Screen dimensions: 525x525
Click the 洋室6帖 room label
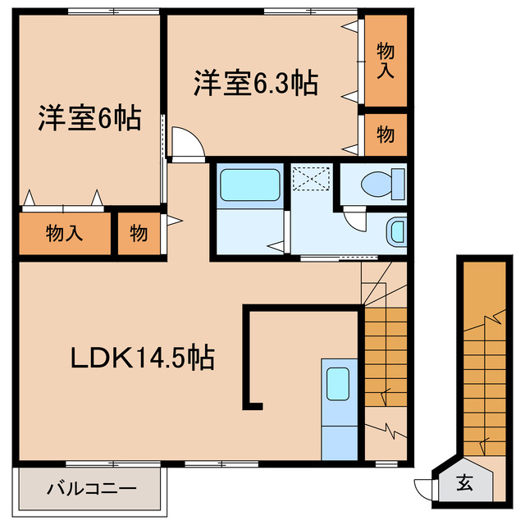[88, 119]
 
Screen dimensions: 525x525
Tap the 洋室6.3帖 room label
[255, 84]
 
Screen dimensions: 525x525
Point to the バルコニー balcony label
[90, 490]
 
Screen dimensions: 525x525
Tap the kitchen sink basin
[338, 383]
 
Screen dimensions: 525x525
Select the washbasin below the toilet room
[396, 232]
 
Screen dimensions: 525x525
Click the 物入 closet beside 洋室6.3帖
[385, 61]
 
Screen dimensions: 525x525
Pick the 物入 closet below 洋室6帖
[64, 234]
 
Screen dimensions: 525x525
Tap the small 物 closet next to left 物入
[139, 234]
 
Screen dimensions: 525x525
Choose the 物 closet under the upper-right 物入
[385, 134]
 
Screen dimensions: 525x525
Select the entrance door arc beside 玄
[425, 486]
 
